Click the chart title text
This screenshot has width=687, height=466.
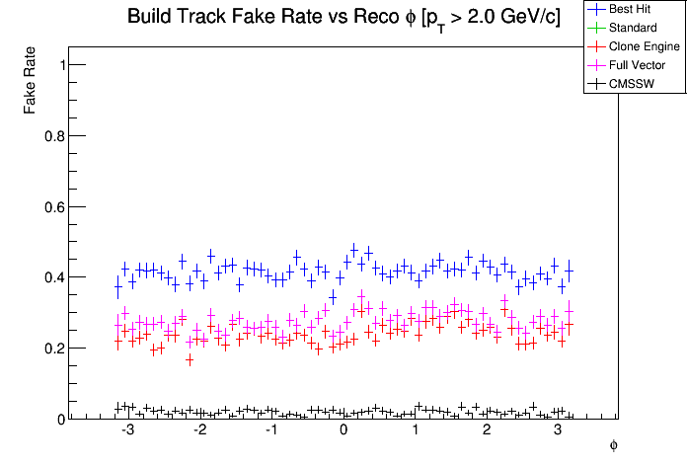[x=343, y=18]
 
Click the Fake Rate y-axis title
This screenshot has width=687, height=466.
[x=33, y=78]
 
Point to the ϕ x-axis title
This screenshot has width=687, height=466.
[x=613, y=445]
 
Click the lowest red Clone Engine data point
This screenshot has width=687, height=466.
[x=190, y=359]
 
